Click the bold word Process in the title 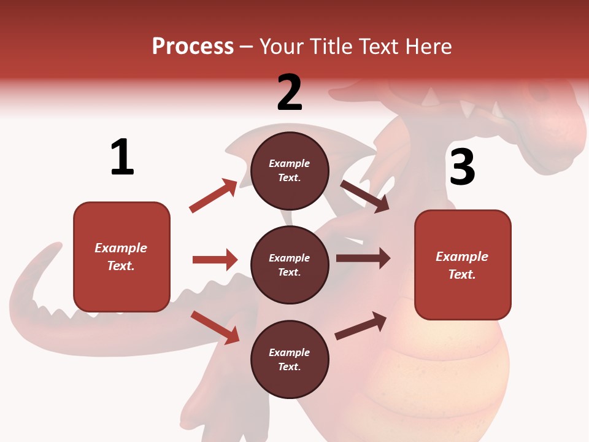tap(193, 47)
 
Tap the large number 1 tap(122, 157)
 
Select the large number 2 tap(290, 93)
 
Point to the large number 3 tap(462, 167)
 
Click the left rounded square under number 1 tap(121, 257)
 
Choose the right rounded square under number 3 tap(463, 265)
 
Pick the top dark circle tap(290, 171)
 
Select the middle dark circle tap(290, 265)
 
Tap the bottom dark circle tap(290, 359)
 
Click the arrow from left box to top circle tap(213, 196)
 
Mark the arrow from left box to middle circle tap(215, 260)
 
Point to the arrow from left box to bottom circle tap(215, 327)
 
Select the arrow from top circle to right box tap(364, 196)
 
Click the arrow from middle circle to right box tap(363, 258)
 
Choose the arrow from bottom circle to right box tap(361, 326)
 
